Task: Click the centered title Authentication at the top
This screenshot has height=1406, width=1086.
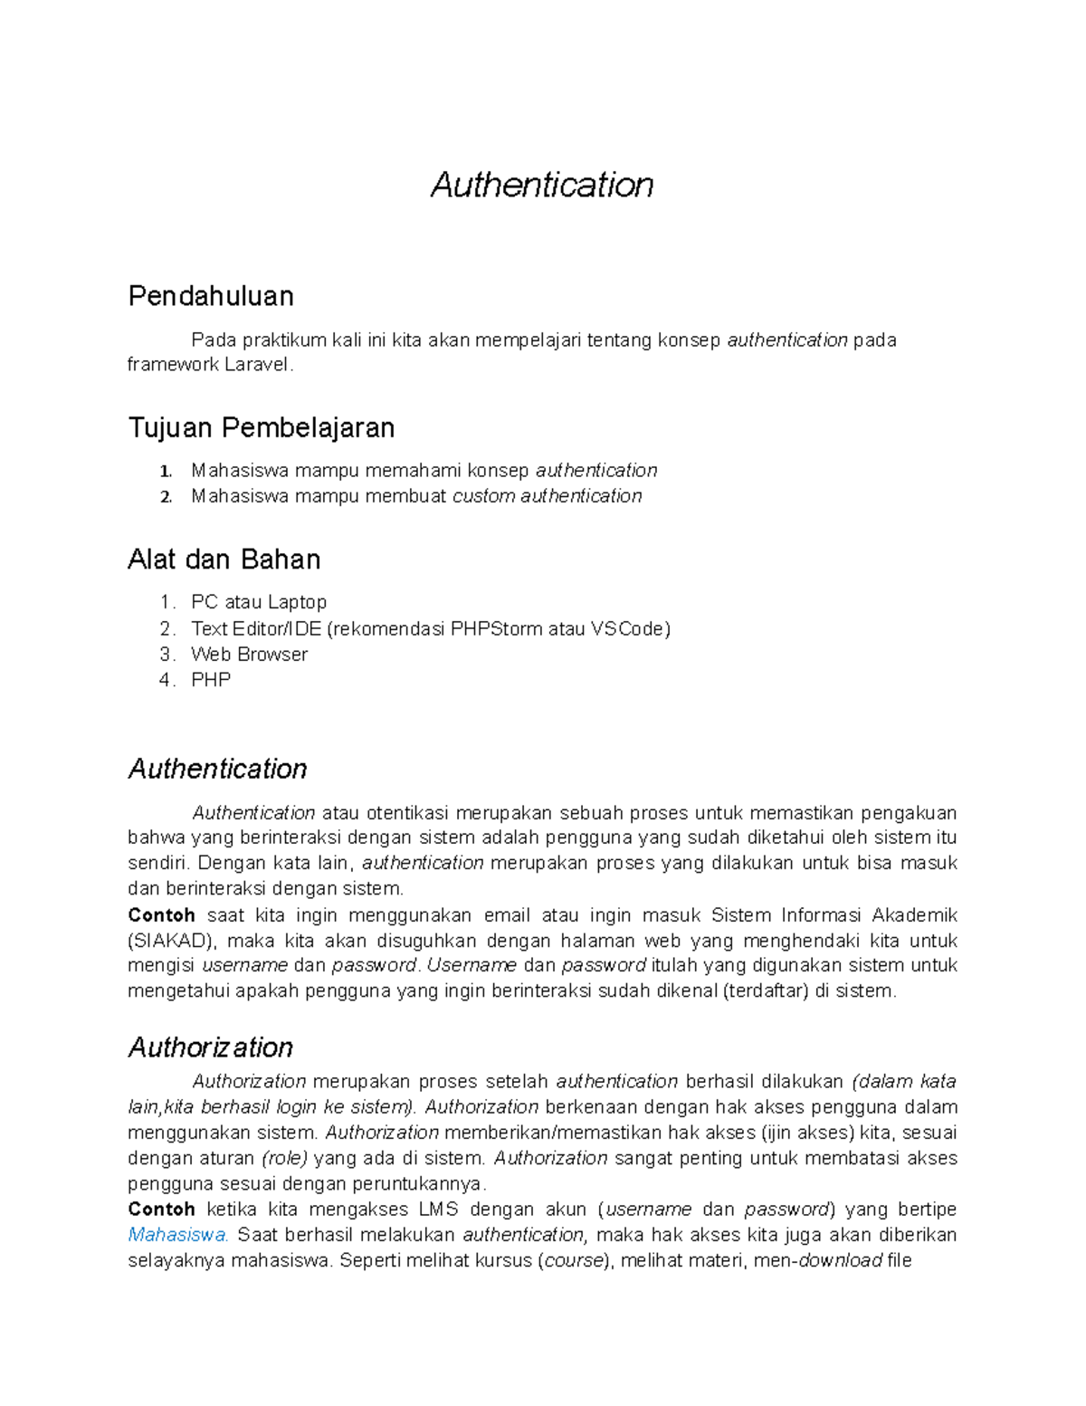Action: coord(542,185)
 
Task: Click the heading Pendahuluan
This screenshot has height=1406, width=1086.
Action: coord(211,296)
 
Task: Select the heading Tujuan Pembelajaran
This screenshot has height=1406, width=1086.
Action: coord(262,427)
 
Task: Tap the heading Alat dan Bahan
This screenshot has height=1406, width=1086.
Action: coord(224,560)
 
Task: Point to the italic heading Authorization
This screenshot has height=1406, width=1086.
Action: coord(211,1047)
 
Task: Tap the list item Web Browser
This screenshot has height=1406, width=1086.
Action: coord(249,655)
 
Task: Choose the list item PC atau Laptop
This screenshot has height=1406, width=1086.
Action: coord(259,602)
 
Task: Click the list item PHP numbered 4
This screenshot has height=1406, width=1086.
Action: coord(211,680)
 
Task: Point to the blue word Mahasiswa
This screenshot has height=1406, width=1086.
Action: coord(178,1235)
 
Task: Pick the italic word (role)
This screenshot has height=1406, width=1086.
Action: coord(284,1159)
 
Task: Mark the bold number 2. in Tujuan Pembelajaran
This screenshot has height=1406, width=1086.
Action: coord(166,497)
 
